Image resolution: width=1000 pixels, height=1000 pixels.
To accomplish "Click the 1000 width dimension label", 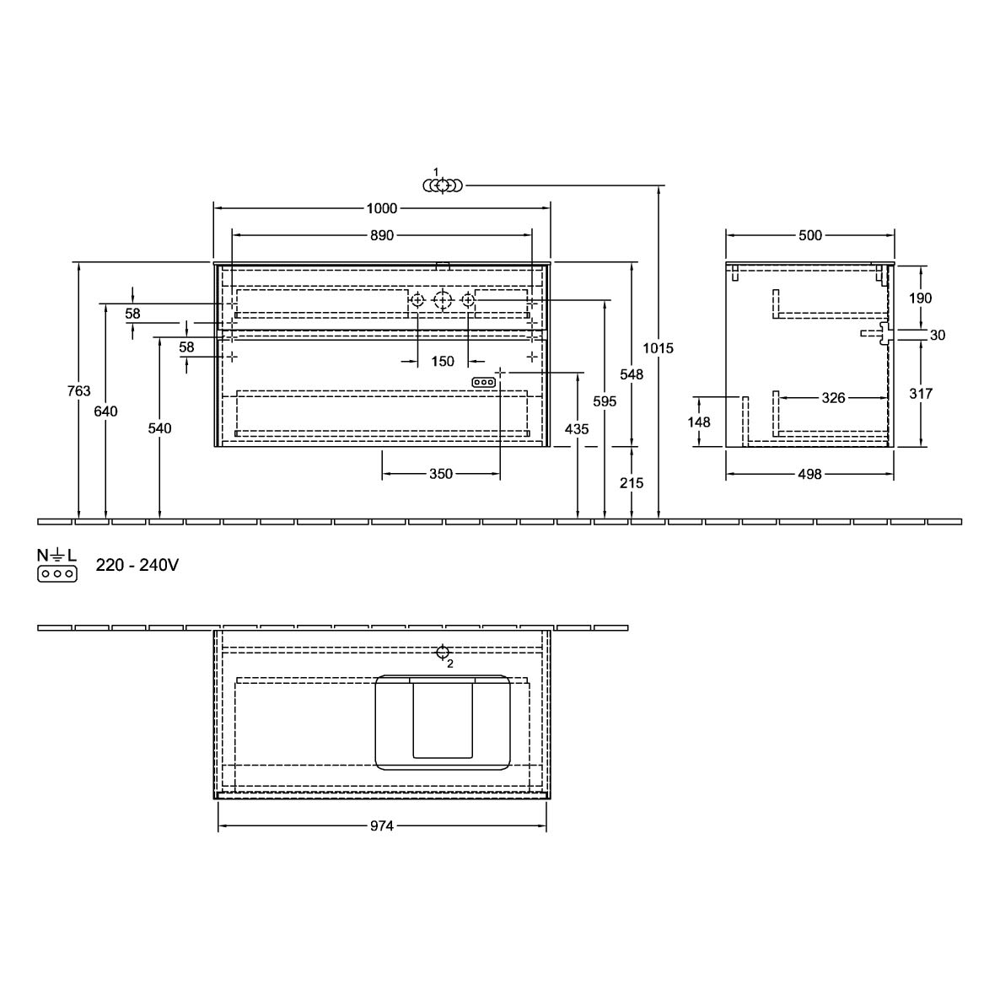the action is (x=381, y=208).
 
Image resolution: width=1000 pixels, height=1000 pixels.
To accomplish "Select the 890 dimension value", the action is (x=381, y=235).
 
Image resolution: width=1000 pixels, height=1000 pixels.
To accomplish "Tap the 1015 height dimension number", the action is (x=658, y=348).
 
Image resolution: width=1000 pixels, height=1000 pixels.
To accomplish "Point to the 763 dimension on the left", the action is (x=78, y=391).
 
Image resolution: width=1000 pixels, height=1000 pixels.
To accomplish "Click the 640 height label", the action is (x=106, y=411).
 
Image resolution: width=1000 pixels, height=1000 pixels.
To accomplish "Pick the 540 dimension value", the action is (x=159, y=428).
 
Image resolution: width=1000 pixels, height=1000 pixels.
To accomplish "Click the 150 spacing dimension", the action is (x=442, y=362).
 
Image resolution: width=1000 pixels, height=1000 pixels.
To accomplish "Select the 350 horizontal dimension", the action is (x=441, y=474).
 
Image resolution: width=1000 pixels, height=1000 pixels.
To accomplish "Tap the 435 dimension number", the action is (x=577, y=429).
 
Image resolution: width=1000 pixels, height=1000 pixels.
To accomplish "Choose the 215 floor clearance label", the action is (x=632, y=483).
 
